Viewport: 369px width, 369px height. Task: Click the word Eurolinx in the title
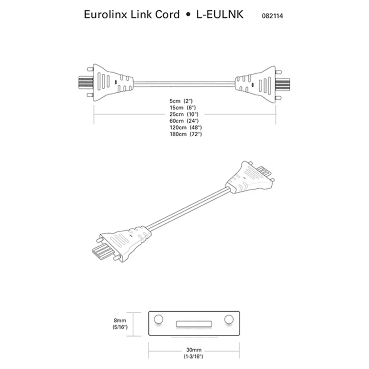(103, 14)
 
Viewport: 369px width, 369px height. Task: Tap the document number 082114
(272, 16)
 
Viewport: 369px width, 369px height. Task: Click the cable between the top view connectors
(184, 83)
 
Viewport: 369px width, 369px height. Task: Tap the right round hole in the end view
(228, 319)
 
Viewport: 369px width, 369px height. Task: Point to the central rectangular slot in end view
(193, 322)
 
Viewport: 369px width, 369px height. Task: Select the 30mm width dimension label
(193, 353)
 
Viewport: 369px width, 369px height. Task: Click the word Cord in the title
(167, 14)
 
